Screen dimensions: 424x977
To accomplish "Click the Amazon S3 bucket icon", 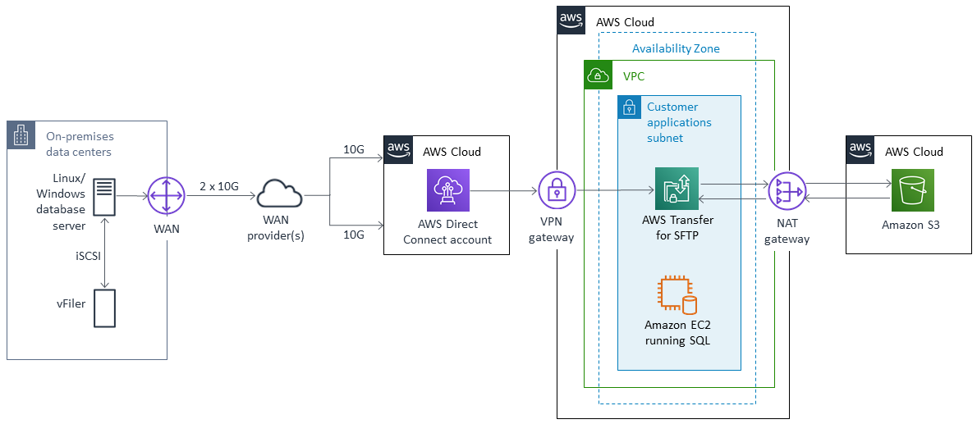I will (x=912, y=191).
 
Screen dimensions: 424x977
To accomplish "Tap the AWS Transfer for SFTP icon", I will (x=677, y=189).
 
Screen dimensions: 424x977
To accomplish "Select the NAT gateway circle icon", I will (x=787, y=193).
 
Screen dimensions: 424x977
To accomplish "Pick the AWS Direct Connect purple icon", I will (x=447, y=190).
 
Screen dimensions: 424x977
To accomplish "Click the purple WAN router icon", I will (x=167, y=197).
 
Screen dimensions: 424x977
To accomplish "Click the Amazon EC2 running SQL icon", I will (x=677, y=296).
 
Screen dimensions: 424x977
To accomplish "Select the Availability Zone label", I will (x=676, y=48).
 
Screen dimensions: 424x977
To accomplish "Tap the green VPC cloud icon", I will (x=597, y=75).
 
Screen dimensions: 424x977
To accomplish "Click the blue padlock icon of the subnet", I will (x=630, y=107).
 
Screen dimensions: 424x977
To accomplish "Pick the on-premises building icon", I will (x=21, y=135).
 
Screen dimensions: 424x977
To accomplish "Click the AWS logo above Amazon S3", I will (x=860, y=149).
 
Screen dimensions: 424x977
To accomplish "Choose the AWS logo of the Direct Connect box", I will (x=399, y=149).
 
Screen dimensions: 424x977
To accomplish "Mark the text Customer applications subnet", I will (x=679, y=122).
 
